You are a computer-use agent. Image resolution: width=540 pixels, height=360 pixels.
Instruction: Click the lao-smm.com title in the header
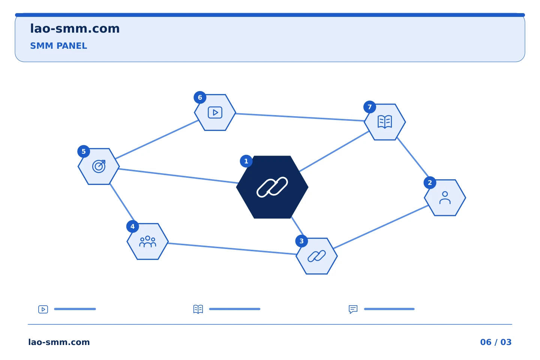(x=75, y=29)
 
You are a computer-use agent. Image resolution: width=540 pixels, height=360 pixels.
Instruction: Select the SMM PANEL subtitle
(x=58, y=46)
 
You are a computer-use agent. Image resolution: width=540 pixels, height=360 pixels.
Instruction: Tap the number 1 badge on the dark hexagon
(x=246, y=161)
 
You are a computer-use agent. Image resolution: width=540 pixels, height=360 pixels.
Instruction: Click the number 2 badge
(x=430, y=183)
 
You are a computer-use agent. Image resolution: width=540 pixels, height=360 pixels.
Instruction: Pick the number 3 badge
(x=301, y=241)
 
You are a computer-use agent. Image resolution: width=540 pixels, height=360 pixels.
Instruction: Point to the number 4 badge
(x=133, y=226)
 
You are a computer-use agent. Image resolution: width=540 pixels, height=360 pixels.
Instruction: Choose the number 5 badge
(x=84, y=151)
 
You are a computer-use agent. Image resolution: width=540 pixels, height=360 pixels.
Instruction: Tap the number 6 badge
(x=200, y=97)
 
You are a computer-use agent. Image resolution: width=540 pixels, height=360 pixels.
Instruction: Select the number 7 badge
(x=370, y=107)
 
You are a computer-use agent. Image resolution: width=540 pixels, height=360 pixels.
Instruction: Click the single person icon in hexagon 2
(x=445, y=198)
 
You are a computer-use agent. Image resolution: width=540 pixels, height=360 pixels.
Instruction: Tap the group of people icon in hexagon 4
(x=147, y=241)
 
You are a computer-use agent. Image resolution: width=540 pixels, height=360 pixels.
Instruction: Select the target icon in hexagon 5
(x=99, y=166)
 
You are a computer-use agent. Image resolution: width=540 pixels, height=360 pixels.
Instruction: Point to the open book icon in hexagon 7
(x=385, y=122)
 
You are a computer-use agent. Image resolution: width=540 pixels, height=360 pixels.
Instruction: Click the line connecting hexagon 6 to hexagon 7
(x=300, y=117)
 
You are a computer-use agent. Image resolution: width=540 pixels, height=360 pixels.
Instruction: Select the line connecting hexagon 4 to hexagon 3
(x=232, y=249)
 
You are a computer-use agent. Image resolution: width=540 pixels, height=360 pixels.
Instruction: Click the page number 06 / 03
(x=496, y=342)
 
